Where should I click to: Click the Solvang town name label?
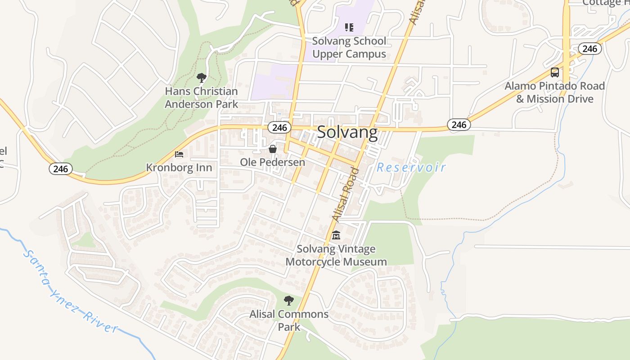(x=347, y=132)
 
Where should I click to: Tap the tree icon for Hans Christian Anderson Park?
(x=202, y=78)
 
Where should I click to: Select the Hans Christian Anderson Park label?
(x=201, y=98)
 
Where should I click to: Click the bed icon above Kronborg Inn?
(x=179, y=154)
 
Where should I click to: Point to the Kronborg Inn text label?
(x=179, y=167)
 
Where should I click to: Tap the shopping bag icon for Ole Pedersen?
(x=273, y=149)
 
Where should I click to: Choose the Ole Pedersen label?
(x=272, y=162)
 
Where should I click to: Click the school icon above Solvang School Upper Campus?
(x=349, y=27)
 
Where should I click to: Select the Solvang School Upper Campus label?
(x=349, y=47)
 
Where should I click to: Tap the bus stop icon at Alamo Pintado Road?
(x=555, y=72)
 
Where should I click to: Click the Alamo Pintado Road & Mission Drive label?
(x=554, y=92)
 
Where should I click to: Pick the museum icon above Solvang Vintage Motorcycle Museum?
(x=336, y=235)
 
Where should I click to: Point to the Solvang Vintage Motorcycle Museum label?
(x=336, y=255)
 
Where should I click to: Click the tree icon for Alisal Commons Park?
(x=289, y=300)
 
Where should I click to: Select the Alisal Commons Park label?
(x=289, y=320)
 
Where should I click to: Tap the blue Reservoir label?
(x=411, y=168)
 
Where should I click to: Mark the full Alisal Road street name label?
(x=346, y=194)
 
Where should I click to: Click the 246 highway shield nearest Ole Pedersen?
(x=279, y=128)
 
